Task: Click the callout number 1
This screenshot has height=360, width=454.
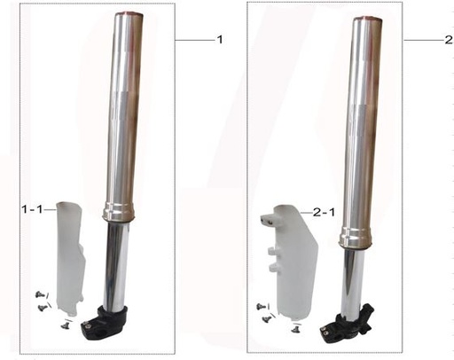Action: [220, 40]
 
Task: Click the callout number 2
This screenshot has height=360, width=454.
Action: [448, 40]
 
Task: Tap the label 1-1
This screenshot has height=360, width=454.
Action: [34, 209]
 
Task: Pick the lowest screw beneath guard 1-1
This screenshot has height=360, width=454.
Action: [65, 326]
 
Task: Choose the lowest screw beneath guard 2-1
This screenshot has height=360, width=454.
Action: [296, 329]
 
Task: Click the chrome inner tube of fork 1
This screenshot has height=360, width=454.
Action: [116, 262]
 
